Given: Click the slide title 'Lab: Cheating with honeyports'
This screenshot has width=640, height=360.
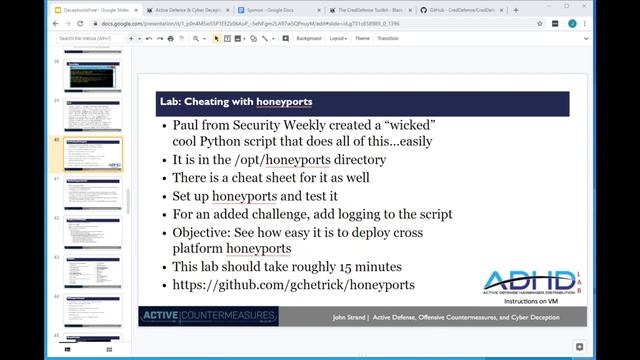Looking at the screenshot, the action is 235,102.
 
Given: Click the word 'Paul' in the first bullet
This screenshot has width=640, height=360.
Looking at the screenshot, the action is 189,127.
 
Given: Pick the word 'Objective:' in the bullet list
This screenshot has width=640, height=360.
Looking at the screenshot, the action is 202,231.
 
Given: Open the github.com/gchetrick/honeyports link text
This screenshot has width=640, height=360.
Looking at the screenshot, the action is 293,285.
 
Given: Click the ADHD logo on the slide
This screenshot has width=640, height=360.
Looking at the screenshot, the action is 530,283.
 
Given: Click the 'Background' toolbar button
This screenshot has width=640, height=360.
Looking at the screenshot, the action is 309,38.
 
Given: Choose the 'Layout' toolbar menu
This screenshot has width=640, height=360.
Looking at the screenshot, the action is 338,38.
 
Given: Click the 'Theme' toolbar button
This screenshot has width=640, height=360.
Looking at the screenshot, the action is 362,38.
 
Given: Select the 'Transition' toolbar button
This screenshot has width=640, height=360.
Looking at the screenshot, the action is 388,38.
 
